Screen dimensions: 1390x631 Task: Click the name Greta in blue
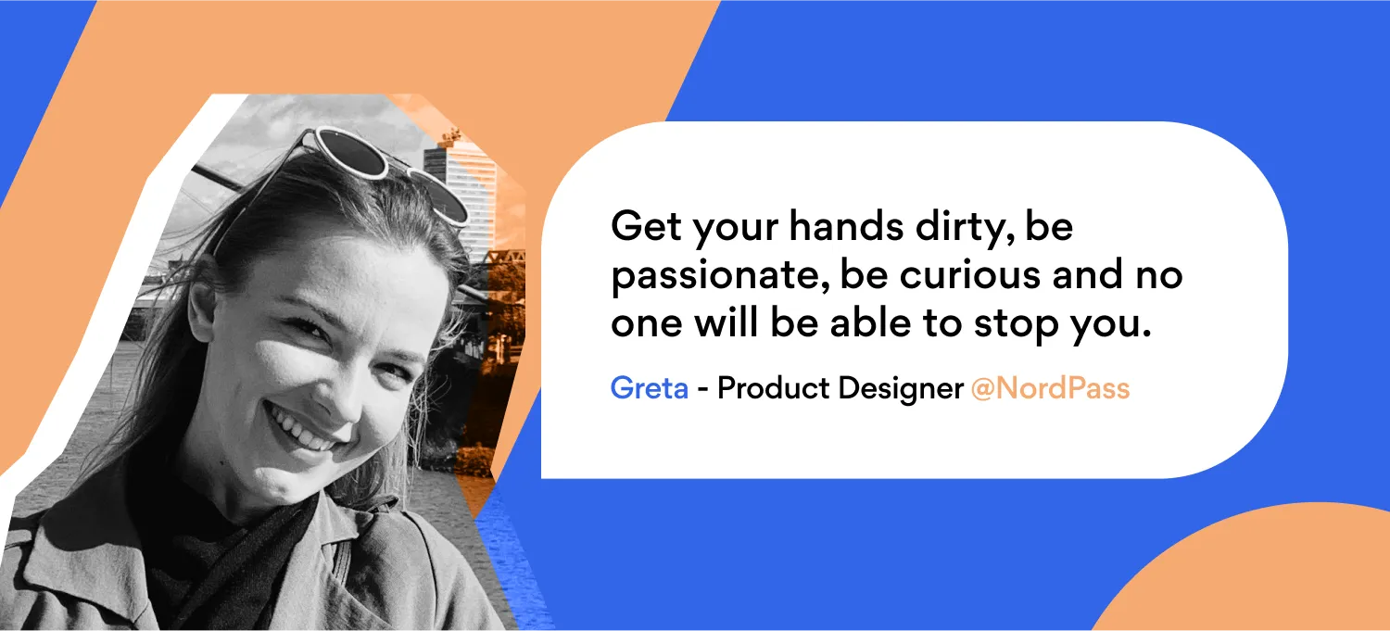[x=649, y=388]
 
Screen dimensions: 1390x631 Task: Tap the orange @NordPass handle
[x=1050, y=389]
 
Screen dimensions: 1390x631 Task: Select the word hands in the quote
[x=846, y=225]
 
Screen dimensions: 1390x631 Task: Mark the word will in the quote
[x=727, y=322]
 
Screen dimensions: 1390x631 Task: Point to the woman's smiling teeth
[x=302, y=429]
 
